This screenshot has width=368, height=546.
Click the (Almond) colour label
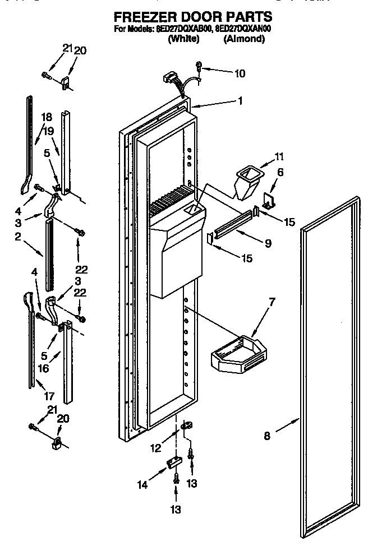click(x=244, y=39)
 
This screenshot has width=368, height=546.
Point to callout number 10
click(x=240, y=72)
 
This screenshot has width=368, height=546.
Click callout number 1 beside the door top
click(x=240, y=101)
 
